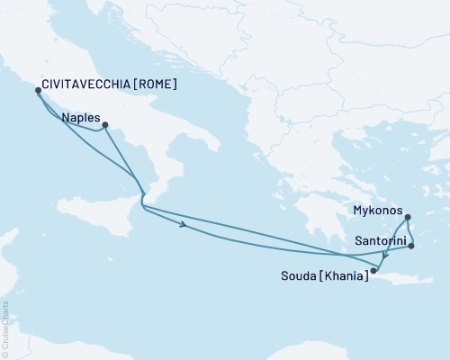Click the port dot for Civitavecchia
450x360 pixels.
[38, 90]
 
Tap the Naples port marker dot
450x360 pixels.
[105, 125]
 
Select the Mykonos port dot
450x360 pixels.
[408, 217]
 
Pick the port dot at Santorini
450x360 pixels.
[410, 246]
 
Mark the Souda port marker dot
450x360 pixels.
[373, 269]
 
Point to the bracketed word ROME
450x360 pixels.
[157, 86]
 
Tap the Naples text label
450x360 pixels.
[80, 117]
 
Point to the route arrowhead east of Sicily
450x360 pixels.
[184, 225]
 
